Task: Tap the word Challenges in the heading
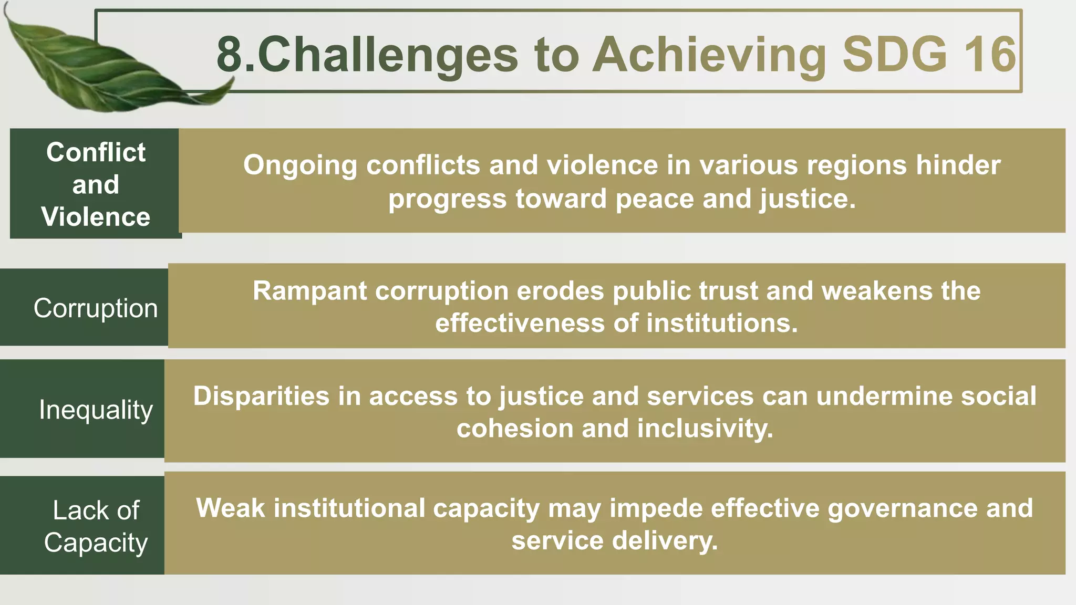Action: tap(388, 55)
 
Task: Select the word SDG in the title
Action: tap(894, 54)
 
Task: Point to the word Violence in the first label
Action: tap(96, 217)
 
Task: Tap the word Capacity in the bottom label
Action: tap(96, 543)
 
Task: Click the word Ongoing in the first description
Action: tap(300, 166)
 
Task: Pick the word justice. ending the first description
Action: tap(808, 200)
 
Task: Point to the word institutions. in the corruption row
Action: tap(722, 323)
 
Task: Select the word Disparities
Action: tap(261, 396)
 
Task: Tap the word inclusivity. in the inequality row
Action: tap(705, 429)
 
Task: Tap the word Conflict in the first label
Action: tap(96, 152)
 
